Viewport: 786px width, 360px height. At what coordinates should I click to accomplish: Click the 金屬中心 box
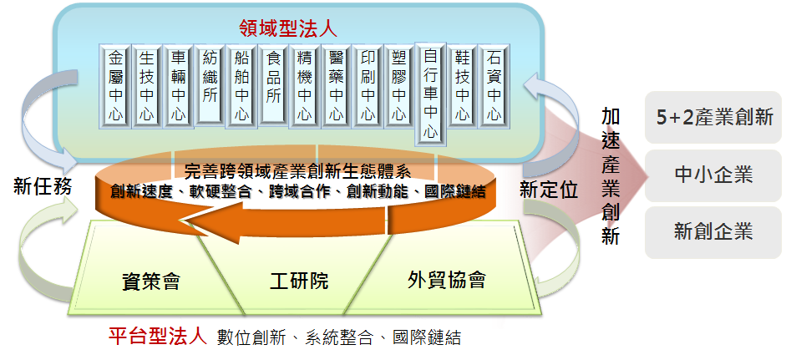pyautogui.click(x=116, y=85)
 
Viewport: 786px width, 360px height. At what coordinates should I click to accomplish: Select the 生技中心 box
pyautogui.click(x=147, y=85)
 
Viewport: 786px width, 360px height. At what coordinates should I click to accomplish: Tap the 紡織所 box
pyautogui.click(x=210, y=85)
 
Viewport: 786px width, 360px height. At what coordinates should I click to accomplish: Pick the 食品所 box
pyautogui.click(x=273, y=85)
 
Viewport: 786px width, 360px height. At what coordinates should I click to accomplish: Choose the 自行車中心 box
pyautogui.click(x=430, y=93)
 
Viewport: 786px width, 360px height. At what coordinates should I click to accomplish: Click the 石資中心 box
pyautogui.click(x=494, y=85)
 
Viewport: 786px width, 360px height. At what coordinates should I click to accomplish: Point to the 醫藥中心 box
pyautogui.click(x=336, y=85)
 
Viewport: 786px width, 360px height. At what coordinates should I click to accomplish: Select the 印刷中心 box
pyautogui.click(x=368, y=85)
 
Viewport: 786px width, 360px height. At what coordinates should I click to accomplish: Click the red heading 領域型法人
pyautogui.click(x=288, y=28)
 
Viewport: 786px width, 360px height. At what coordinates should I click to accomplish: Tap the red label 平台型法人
pyautogui.click(x=158, y=337)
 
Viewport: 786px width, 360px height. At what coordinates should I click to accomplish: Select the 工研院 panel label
pyautogui.click(x=299, y=281)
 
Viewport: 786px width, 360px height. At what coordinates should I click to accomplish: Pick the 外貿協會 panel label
pyautogui.click(x=446, y=279)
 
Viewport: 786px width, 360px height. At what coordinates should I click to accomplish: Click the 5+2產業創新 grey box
pyautogui.click(x=713, y=117)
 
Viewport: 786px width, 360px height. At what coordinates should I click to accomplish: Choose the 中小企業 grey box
pyautogui.click(x=713, y=175)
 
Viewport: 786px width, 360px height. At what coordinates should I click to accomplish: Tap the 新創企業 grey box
pyautogui.click(x=713, y=232)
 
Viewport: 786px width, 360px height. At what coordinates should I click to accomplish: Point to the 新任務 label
pyautogui.click(x=43, y=187)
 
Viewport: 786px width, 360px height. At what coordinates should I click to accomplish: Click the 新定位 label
pyautogui.click(x=549, y=190)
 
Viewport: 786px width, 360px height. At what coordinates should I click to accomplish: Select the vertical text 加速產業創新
pyautogui.click(x=611, y=176)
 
